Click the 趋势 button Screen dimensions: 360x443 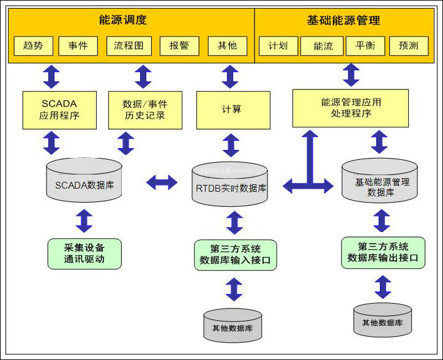pyautogui.click(x=34, y=46)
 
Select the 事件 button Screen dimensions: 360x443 pyautogui.click(x=78, y=46)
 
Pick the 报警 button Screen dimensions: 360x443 pyautogui.click(x=179, y=46)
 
